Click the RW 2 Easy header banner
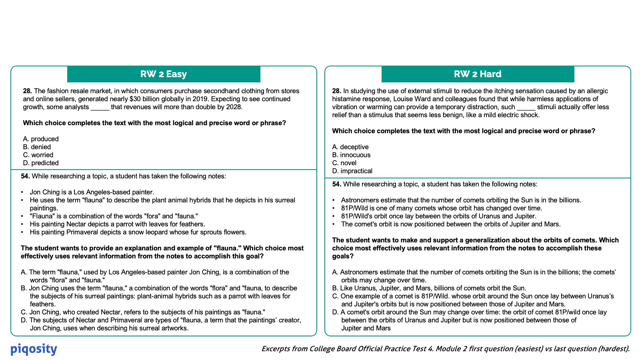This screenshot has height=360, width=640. click(164, 74)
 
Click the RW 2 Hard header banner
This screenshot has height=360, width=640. click(478, 74)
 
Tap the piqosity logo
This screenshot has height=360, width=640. click(34, 349)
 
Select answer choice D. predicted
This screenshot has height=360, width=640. click(41, 163)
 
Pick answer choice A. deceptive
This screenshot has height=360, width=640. click(350, 147)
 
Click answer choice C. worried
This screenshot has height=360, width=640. click(38, 155)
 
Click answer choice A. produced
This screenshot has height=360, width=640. click(41, 139)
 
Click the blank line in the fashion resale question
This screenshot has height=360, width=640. click(100, 107)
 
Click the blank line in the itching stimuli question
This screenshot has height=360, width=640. click(526, 107)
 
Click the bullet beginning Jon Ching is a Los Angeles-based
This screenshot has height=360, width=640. click(92, 192)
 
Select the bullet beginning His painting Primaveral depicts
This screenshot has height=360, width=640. click(138, 232)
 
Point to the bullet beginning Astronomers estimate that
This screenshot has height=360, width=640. click(461, 200)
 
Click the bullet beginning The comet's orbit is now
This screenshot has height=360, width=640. click(451, 224)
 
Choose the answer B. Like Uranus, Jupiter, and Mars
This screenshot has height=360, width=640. click(429, 288)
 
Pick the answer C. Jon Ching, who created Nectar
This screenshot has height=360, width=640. click(143, 312)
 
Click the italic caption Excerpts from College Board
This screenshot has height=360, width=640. click(445, 349)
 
